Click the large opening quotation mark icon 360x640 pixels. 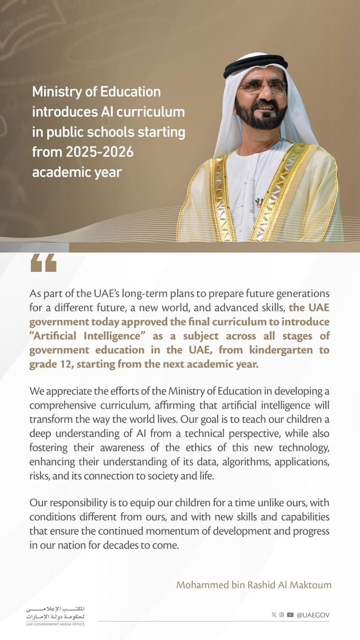[43, 263]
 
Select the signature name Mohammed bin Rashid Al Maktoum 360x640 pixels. [254, 585]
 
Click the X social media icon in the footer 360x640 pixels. [274, 615]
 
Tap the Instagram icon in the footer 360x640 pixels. [282, 615]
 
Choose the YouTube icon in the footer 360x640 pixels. [290, 615]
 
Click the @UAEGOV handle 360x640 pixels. [313, 615]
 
